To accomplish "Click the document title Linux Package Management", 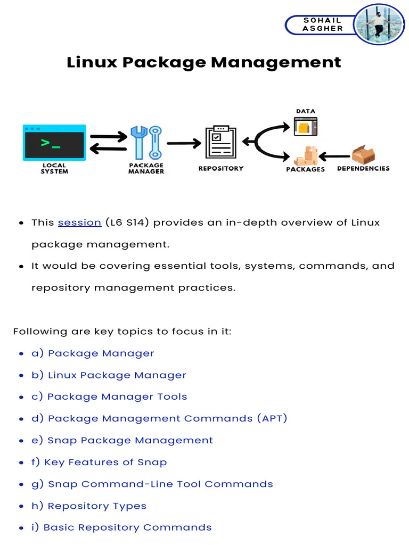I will (204, 62).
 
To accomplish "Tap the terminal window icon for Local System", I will (54, 143).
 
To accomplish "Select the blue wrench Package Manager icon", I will (146, 142).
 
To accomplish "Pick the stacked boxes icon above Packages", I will (306, 155).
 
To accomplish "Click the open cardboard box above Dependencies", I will (363, 155).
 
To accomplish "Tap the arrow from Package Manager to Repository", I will (184, 143).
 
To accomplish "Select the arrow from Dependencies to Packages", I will (335, 156).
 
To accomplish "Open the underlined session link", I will (79, 222).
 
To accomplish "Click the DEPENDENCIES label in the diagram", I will (363, 169).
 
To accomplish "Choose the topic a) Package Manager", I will (93, 353).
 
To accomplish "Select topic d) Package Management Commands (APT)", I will (159, 418).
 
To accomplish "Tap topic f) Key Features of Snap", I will (99, 462).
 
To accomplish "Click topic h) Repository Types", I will (89, 506).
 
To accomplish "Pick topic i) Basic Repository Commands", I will (121, 527).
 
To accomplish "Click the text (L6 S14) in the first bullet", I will (127, 222).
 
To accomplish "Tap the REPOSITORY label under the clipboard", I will (220, 169).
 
